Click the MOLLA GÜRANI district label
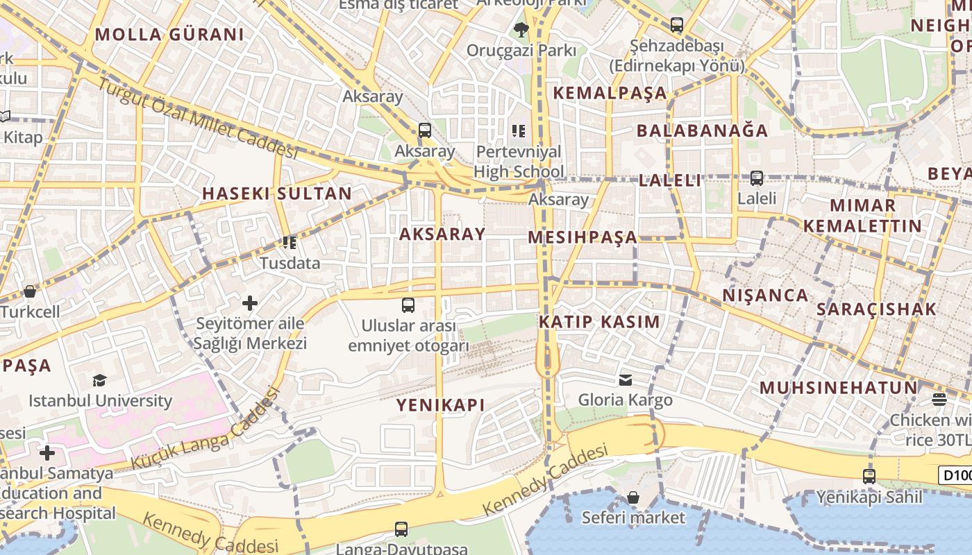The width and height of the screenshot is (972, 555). pyautogui.click(x=169, y=34)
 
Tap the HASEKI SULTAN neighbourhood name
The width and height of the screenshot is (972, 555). pyautogui.click(x=276, y=194)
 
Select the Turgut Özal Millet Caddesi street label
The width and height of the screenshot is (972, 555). pyautogui.click(x=198, y=118)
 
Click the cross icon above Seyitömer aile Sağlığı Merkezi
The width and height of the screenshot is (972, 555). pyautogui.click(x=250, y=303)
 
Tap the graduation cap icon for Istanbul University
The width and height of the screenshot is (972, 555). pyautogui.click(x=99, y=380)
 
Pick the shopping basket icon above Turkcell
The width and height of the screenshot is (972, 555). pyautogui.click(x=29, y=291)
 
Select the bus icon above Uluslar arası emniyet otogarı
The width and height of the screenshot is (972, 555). pyautogui.click(x=408, y=305)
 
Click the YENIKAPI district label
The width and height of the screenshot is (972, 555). pyautogui.click(x=440, y=405)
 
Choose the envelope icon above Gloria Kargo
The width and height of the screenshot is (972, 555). pyautogui.click(x=626, y=379)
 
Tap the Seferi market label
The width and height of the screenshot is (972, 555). pyautogui.click(x=632, y=518)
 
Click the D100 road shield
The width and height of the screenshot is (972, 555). pyautogui.click(x=955, y=475)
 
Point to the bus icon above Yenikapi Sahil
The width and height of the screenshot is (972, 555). pyautogui.click(x=869, y=477)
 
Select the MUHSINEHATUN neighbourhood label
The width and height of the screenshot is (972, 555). pyautogui.click(x=838, y=387)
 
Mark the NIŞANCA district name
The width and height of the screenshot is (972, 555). pyautogui.click(x=765, y=296)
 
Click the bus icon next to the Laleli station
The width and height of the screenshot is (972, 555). pyautogui.click(x=757, y=178)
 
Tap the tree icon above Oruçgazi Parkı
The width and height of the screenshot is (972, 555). pyautogui.click(x=521, y=30)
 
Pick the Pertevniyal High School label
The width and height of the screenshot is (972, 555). pyautogui.click(x=519, y=161)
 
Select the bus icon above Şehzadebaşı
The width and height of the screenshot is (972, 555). pyautogui.click(x=676, y=25)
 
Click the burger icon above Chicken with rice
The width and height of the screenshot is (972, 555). pyautogui.click(x=939, y=399)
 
